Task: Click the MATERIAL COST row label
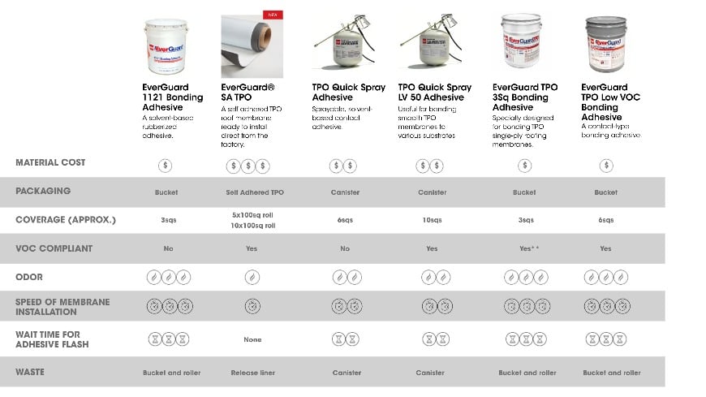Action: pos(50,162)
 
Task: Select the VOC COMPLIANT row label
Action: pos(54,248)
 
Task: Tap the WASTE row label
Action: pos(30,372)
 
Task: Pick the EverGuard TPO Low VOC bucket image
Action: pos(605,45)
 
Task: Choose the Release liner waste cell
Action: pos(252,373)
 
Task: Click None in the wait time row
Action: pos(252,339)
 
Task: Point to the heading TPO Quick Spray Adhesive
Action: pos(349,92)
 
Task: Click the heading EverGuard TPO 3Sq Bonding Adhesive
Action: pos(525,97)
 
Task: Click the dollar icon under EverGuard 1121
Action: pos(166,166)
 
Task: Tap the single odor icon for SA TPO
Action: pos(252,278)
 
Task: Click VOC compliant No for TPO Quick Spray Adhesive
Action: pos(345,248)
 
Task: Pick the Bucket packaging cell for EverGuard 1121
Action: pos(166,192)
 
